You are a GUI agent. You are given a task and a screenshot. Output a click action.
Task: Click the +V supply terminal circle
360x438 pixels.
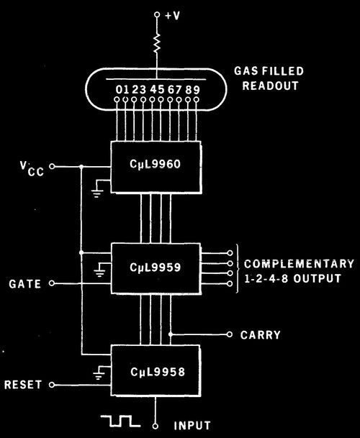pyautogui.click(x=157, y=14)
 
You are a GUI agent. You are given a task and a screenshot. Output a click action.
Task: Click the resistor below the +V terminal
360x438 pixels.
pyautogui.click(x=157, y=42)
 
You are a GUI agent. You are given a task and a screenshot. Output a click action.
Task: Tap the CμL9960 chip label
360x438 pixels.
pyautogui.click(x=155, y=164)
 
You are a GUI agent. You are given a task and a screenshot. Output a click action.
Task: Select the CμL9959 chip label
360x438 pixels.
pyautogui.click(x=155, y=268)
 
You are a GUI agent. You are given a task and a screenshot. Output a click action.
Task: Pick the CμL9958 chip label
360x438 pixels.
pyautogui.click(x=158, y=372)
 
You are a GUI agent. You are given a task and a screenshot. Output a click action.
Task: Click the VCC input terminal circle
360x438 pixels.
pyautogui.click(x=52, y=166)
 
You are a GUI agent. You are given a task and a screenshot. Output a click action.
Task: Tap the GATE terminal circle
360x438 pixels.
pyautogui.click(x=51, y=283)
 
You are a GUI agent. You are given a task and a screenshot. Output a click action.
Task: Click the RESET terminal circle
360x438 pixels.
pyautogui.click(x=51, y=385)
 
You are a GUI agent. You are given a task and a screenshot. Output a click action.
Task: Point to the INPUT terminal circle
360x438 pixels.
pyautogui.click(x=156, y=426)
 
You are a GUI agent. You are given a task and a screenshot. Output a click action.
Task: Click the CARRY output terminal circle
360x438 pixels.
pyautogui.click(x=230, y=334)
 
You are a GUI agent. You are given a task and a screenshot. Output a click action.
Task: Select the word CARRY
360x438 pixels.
pyautogui.click(x=260, y=335)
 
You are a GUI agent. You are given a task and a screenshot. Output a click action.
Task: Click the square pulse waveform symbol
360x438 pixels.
pyautogui.click(x=120, y=421)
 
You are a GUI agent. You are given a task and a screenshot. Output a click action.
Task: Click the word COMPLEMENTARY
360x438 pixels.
pyautogui.click(x=299, y=264)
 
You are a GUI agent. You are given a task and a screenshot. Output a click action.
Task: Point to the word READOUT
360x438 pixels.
pyautogui.click(x=271, y=86)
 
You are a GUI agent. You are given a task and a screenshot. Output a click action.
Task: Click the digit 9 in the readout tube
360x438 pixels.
pyautogui.click(x=197, y=90)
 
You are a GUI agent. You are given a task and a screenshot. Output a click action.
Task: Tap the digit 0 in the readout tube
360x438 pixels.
pyautogui.click(x=120, y=90)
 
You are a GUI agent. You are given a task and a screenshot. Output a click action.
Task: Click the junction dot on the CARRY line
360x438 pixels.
pyautogui.click(x=171, y=334)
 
